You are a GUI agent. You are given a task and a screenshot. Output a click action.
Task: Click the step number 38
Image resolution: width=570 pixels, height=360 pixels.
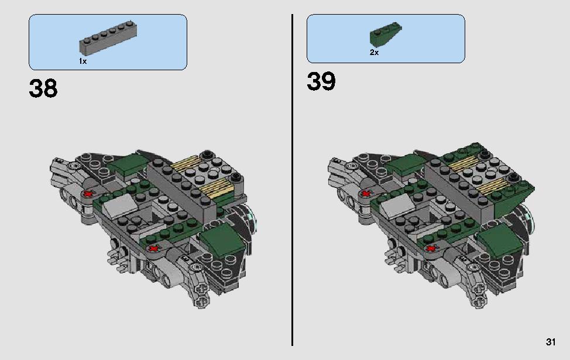click(x=43, y=88)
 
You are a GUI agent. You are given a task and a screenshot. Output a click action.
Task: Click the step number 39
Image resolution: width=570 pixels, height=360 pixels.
click(x=321, y=81)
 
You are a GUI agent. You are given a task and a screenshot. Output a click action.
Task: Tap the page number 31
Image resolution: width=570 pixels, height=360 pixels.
click(x=550, y=342)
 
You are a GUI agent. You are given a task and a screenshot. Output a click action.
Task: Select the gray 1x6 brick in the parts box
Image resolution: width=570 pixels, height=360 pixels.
click(x=108, y=38)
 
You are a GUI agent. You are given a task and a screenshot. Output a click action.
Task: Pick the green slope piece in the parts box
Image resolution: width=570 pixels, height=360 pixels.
click(x=386, y=35)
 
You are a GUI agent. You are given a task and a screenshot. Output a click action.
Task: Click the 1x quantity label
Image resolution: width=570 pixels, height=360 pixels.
click(x=83, y=61)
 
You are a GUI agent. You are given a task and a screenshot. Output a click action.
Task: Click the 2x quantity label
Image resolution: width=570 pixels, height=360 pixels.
click(x=374, y=53)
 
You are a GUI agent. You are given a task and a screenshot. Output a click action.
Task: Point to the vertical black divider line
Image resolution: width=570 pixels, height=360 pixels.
click(x=292, y=180)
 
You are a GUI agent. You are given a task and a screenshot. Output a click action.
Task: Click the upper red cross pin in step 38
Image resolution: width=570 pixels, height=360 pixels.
click(x=88, y=193)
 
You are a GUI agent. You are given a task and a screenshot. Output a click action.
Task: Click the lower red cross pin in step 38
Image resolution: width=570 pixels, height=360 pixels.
click(x=154, y=249)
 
